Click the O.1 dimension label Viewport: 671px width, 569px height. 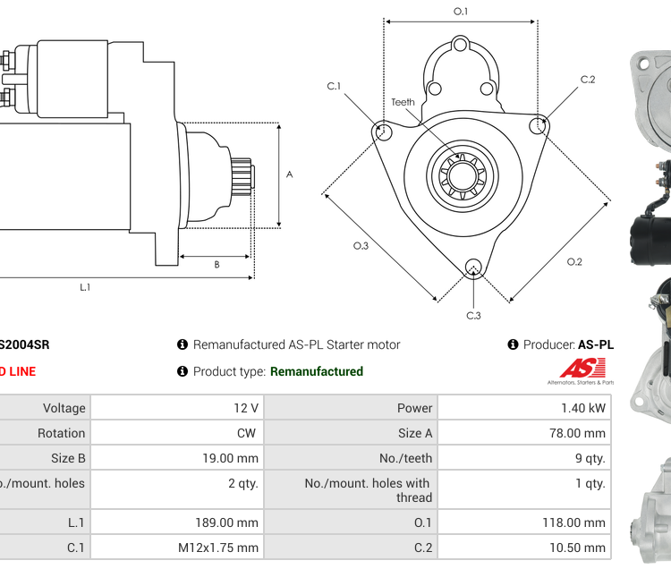pos(461,11)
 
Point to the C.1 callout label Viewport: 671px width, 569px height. pos(334,86)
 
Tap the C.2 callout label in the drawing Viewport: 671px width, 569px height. pos(588,80)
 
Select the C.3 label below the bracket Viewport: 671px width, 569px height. pos(473,315)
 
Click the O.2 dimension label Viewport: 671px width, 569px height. pos(574,261)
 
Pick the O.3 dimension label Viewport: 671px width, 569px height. pos(361,245)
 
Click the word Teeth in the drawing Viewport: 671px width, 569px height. pos(403,102)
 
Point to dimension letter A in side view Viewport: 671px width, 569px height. pos(289,174)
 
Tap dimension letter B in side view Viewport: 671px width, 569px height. pos(217,264)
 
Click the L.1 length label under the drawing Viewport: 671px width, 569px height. pos(85,287)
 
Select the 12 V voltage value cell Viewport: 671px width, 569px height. pos(246,408)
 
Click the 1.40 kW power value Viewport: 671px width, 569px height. pos(583,408)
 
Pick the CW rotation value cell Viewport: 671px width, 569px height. pos(246,433)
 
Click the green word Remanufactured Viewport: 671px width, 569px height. pos(317,371)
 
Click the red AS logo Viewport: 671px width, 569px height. pos(582,368)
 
